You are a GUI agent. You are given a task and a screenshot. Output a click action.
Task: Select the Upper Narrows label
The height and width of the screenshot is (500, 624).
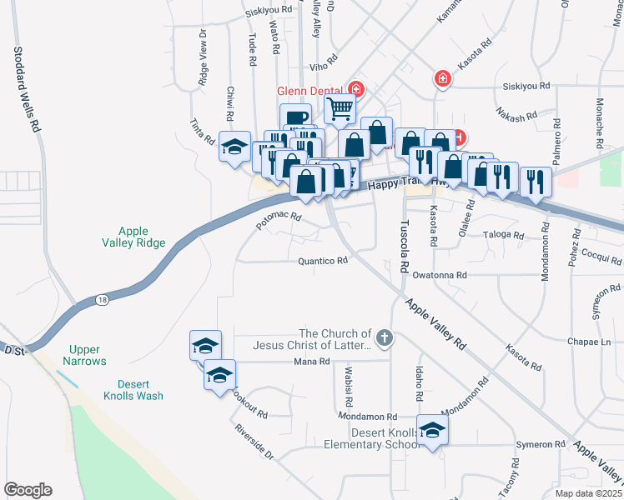click(84, 356)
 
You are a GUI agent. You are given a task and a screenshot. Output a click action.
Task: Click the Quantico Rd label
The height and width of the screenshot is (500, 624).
click(323, 260)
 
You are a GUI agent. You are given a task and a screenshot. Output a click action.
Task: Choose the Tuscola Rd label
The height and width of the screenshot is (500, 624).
click(405, 247)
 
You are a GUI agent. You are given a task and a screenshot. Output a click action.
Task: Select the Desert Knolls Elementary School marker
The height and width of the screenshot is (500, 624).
click(432, 431)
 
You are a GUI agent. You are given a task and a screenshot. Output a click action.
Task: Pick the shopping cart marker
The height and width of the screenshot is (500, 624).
click(340, 107)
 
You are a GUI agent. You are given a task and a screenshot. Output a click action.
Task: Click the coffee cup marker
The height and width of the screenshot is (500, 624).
click(294, 118)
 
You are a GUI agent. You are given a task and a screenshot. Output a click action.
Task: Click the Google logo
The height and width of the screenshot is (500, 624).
click(28, 490)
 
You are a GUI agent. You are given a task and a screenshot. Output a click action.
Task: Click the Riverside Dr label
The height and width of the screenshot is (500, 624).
click(254, 441)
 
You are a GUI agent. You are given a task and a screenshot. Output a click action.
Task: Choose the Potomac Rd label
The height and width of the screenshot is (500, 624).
click(279, 221)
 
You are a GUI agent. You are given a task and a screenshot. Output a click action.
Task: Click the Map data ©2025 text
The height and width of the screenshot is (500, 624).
click(577, 493)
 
